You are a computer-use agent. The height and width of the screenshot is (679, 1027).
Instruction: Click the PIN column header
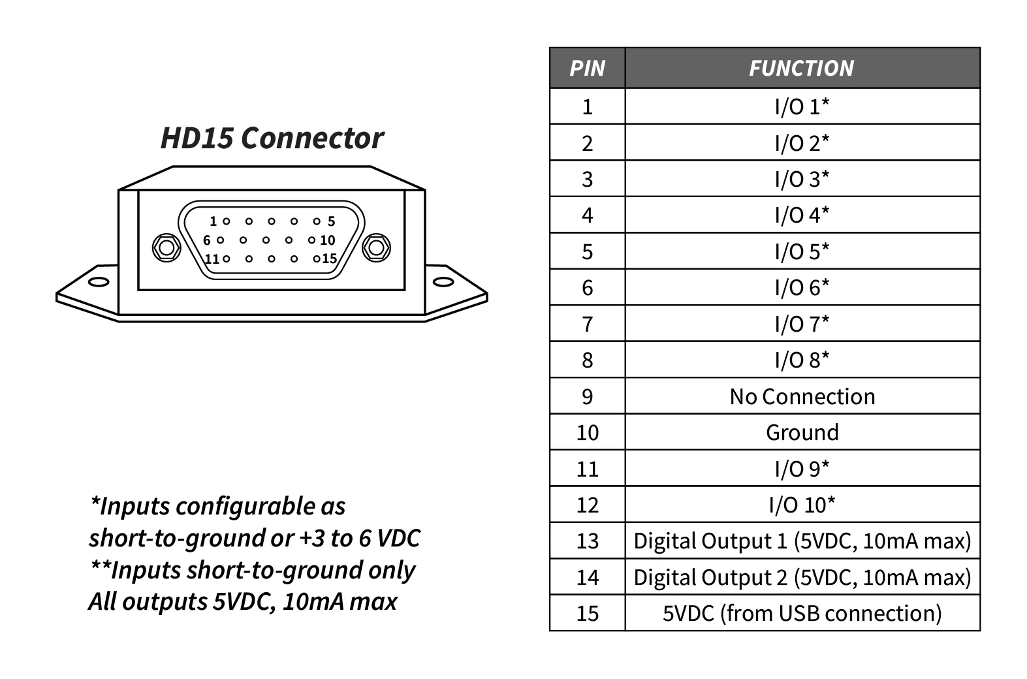(x=587, y=68)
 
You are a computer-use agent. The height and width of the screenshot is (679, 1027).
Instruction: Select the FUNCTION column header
(x=801, y=68)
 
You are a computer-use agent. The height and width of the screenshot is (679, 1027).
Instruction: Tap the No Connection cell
(x=802, y=396)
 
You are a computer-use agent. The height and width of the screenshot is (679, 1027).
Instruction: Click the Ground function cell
(x=802, y=432)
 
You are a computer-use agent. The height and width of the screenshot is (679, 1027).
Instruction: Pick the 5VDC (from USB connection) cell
(x=802, y=613)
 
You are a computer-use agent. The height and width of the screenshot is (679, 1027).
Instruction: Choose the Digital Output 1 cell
(x=802, y=541)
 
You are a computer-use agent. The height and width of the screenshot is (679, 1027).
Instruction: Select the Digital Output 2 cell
(x=802, y=577)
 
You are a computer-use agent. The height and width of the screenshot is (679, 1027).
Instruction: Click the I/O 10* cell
(x=802, y=505)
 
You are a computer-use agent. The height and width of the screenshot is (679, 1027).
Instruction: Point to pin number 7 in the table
(x=587, y=324)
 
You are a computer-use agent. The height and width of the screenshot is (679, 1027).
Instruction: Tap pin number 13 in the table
(x=587, y=541)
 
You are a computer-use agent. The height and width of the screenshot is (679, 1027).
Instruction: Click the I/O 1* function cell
(x=802, y=106)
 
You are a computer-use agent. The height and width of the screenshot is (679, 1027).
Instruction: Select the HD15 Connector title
(x=272, y=138)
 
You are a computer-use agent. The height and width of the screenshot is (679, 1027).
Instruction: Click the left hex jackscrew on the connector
(x=166, y=247)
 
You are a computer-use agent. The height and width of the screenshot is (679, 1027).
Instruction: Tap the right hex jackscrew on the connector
(x=375, y=247)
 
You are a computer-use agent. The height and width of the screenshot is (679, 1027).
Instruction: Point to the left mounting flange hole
(x=99, y=282)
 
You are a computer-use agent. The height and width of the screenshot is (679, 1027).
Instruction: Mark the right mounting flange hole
(x=443, y=282)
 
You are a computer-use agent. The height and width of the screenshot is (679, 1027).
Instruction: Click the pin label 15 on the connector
(x=329, y=259)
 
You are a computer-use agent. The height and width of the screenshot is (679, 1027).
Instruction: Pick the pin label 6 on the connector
(x=206, y=240)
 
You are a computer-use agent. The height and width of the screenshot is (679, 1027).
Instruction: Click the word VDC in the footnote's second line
(x=399, y=538)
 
